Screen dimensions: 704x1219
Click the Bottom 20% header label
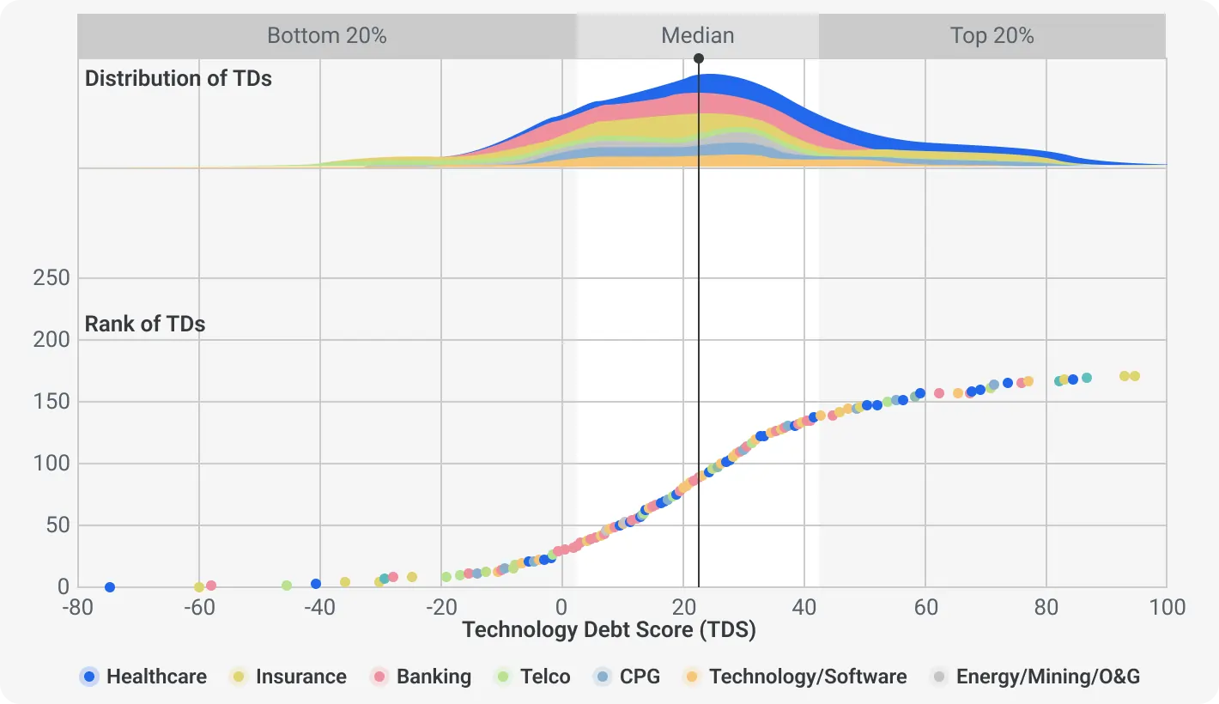coord(327,36)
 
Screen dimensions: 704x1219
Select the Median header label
coord(697,36)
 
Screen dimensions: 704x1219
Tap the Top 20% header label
coord(992,36)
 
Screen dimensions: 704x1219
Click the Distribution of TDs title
coord(178,78)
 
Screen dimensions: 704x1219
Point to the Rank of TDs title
coord(144,324)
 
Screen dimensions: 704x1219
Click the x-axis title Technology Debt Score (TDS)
coord(609,629)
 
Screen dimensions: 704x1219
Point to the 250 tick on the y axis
coord(51,278)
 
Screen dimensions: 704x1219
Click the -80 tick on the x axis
coord(77,607)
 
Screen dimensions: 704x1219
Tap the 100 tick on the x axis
coord(1166,607)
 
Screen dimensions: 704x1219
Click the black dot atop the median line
coord(699,58)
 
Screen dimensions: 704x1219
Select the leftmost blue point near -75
coord(110,587)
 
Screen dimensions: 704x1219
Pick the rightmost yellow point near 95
coord(1134,376)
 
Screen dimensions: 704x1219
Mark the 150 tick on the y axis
coord(51,402)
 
